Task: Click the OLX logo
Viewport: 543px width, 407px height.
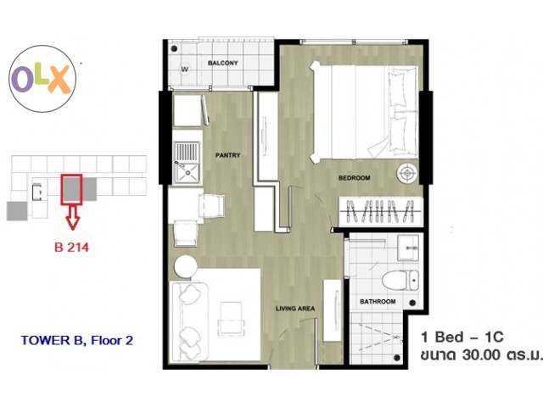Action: (x=42, y=79)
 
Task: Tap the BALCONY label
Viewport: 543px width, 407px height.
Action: (x=222, y=63)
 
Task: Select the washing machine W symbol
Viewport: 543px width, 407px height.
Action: (x=185, y=70)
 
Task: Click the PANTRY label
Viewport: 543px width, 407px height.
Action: (x=227, y=155)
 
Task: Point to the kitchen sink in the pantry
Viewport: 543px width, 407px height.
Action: (x=187, y=163)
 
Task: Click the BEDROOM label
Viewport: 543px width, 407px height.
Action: (x=354, y=178)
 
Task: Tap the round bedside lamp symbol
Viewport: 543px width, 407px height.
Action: (x=407, y=173)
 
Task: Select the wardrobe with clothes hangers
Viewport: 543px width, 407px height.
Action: (x=380, y=211)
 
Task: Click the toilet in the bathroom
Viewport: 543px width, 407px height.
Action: (x=400, y=280)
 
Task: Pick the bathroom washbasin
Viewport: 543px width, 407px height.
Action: (x=408, y=248)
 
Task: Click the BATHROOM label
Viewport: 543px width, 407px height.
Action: (x=378, y=302)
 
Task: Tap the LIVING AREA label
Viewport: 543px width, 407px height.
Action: (x=295, y=309)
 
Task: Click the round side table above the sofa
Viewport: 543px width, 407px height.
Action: (x=186, y=266)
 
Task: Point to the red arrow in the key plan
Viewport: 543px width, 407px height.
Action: (x=72, y=217)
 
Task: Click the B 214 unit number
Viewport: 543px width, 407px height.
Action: (x=71, y=247)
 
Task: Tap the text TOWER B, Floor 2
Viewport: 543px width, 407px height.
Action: (x=77, y=341)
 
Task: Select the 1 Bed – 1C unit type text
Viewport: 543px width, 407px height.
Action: (x=462, y=337)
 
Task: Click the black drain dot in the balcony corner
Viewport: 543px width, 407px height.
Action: (x=175, y=48)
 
